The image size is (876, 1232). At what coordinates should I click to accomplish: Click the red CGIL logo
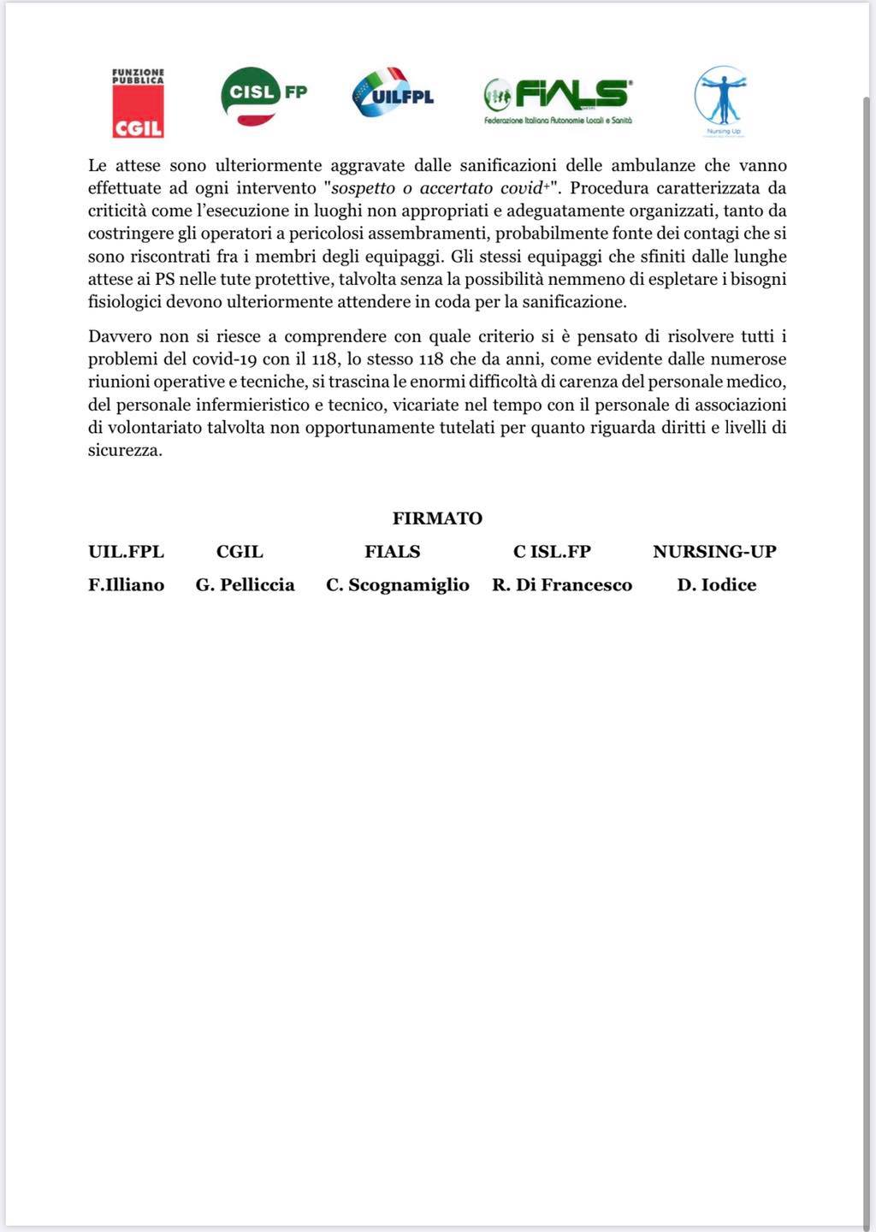[138, 104]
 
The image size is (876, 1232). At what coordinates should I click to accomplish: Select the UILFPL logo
[393, 94]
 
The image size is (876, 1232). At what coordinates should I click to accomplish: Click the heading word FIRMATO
[437, 518]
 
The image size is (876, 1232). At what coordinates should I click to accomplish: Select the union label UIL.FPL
[126, 552]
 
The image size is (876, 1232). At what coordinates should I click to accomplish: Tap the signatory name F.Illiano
[126, 585]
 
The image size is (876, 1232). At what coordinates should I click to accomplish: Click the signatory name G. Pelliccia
[245, 585]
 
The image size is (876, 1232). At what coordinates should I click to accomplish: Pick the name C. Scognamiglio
[398, 585]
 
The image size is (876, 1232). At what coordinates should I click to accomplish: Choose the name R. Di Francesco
[562, 585]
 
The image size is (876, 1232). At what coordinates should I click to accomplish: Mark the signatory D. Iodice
[716, 585]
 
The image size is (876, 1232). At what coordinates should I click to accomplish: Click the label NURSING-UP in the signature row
[714, 552]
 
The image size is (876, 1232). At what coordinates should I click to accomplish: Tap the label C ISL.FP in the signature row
[552, 552]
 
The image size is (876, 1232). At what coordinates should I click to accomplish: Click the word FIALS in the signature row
[393, 552]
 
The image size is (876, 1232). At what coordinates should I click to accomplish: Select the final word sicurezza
[124, 451]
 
